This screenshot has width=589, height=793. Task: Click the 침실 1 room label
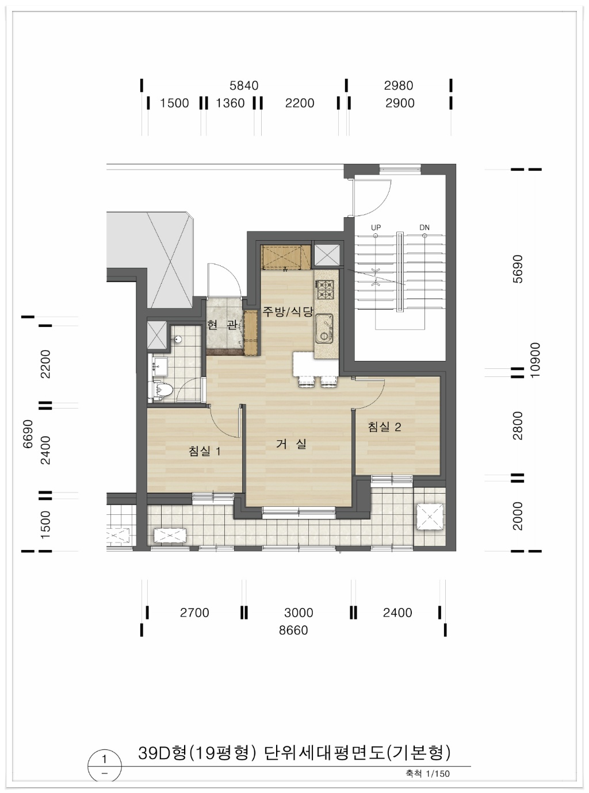click(x=205, y=451)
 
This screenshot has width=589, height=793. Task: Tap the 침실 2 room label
click(x=385, y=426)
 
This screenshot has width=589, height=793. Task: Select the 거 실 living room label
click(x=291, y=444)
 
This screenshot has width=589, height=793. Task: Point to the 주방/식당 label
click(x=288, y=311)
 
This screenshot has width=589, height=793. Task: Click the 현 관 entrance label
click(x=222, y=325)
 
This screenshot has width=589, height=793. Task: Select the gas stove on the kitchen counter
click(x=325, y=290)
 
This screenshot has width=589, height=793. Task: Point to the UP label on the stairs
click(x=376, y=228)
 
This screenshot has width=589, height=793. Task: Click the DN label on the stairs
click(x=424, y=228)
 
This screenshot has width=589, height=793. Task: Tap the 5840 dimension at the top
click(x=244, y=86)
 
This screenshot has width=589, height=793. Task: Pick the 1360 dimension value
click(x=230, y=103)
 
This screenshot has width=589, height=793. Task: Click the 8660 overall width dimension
click(x=293, y=630)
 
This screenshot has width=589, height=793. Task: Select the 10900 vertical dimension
click(x=536, y=360)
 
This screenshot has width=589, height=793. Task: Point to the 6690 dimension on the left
click(x=28, y=434)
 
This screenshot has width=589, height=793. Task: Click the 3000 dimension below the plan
click(x=299, y=613)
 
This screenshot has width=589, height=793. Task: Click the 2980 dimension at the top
click(x=399, y=86)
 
